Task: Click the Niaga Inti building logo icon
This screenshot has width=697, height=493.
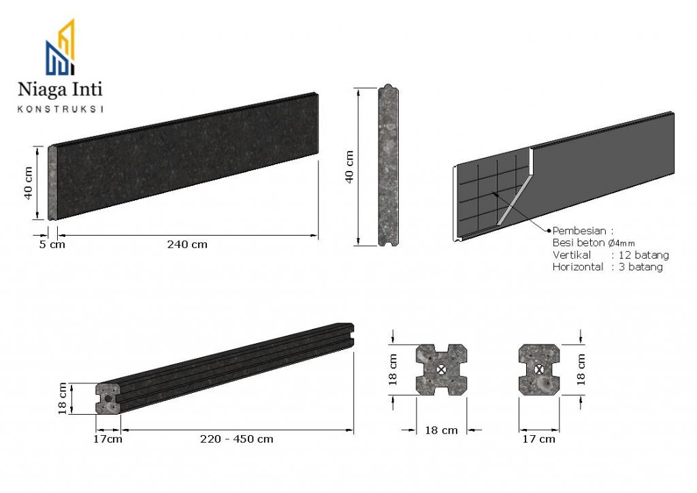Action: tap(60, 47)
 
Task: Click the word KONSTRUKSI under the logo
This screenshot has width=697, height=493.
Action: tap(60, 109)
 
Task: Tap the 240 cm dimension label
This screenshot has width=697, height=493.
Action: tap(187, 244)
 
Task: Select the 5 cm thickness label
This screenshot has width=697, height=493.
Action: tap(52, 244)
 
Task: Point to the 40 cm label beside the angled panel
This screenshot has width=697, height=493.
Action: tap(28, 183)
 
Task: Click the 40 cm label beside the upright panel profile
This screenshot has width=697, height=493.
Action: tap(349, 167)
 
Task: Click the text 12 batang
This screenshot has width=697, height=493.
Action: tap(644, 255)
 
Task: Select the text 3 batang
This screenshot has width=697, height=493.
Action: tap(641, 267)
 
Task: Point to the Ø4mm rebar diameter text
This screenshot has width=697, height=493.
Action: tap(621, 243)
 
